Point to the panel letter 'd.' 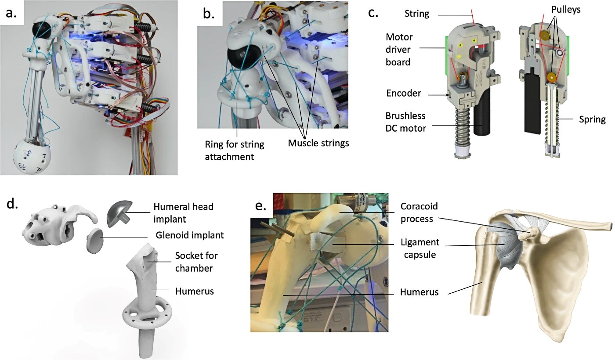[12, 205]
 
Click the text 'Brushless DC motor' [405, 123]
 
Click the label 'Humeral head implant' [184, 212]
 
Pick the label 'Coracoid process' [419, 212]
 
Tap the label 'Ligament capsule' [419, 248]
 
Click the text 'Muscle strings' [318, 142]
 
